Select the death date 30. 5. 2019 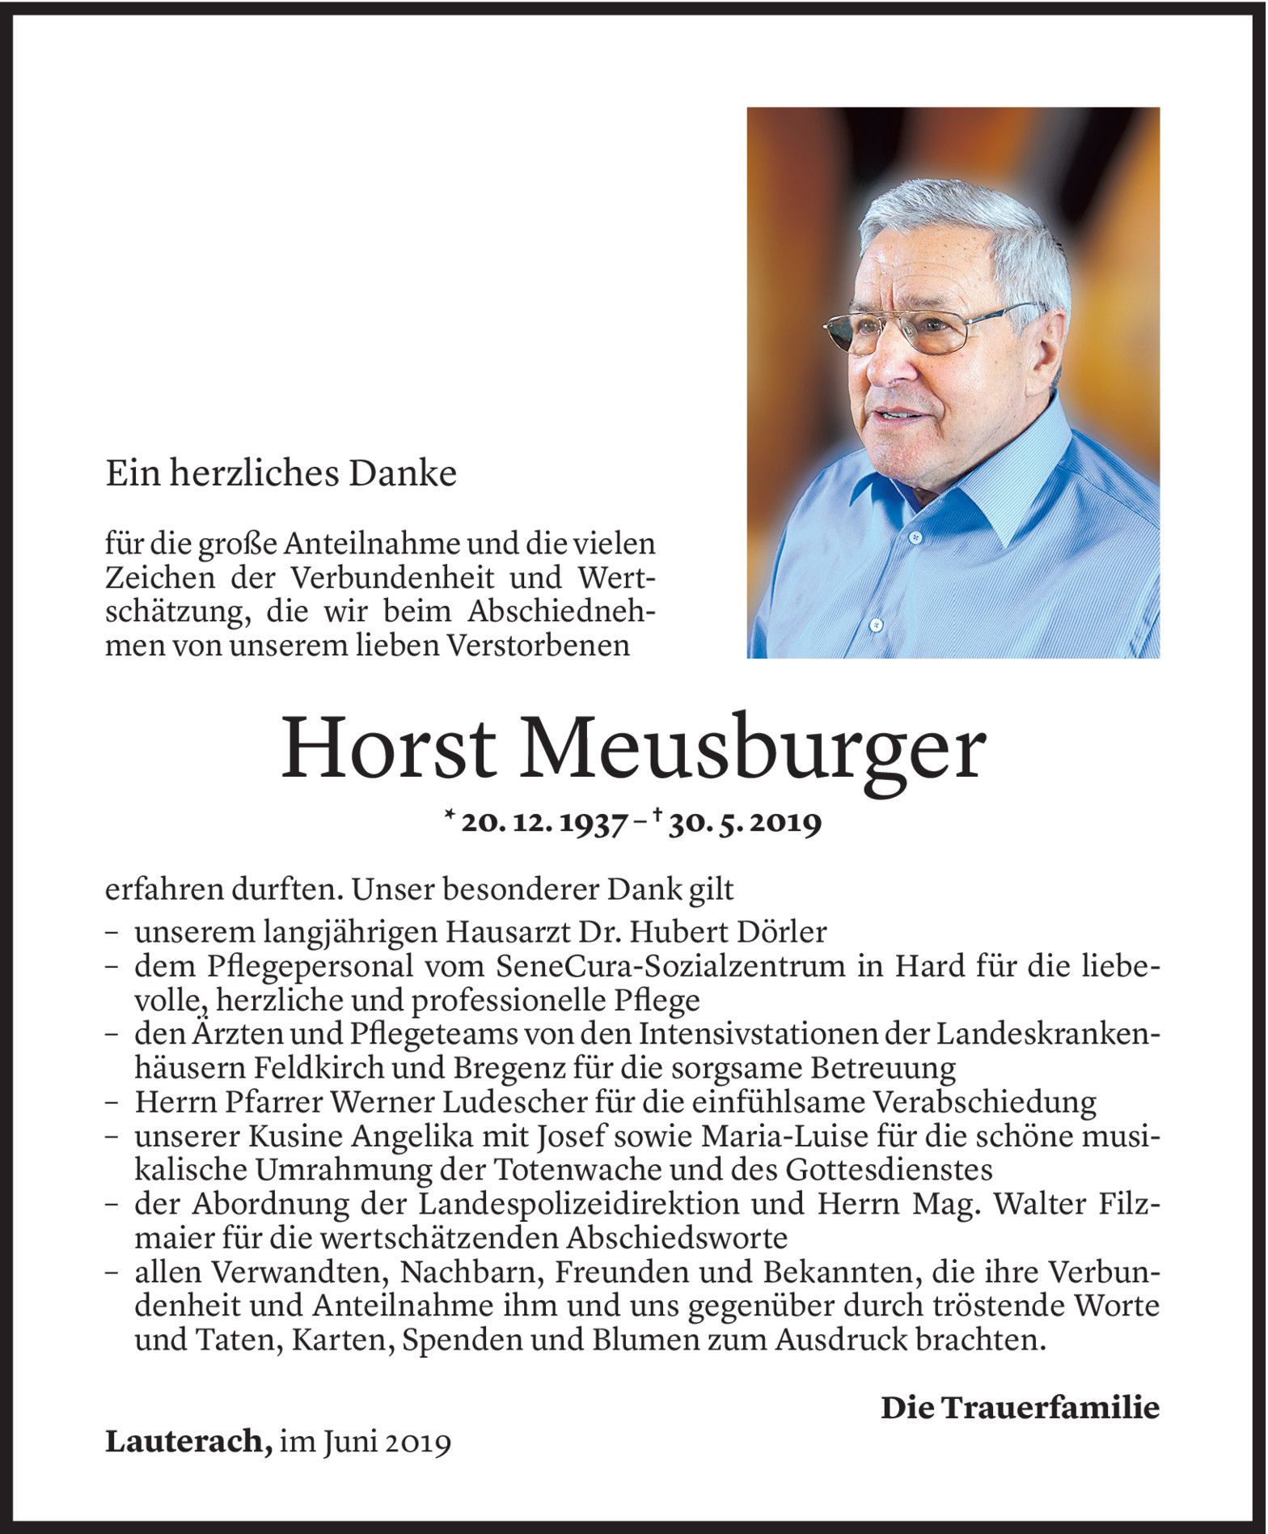click(x=745, y=823)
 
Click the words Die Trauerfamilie click(x=1020, y=1409)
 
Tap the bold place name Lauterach click(x=188, y=1443)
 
